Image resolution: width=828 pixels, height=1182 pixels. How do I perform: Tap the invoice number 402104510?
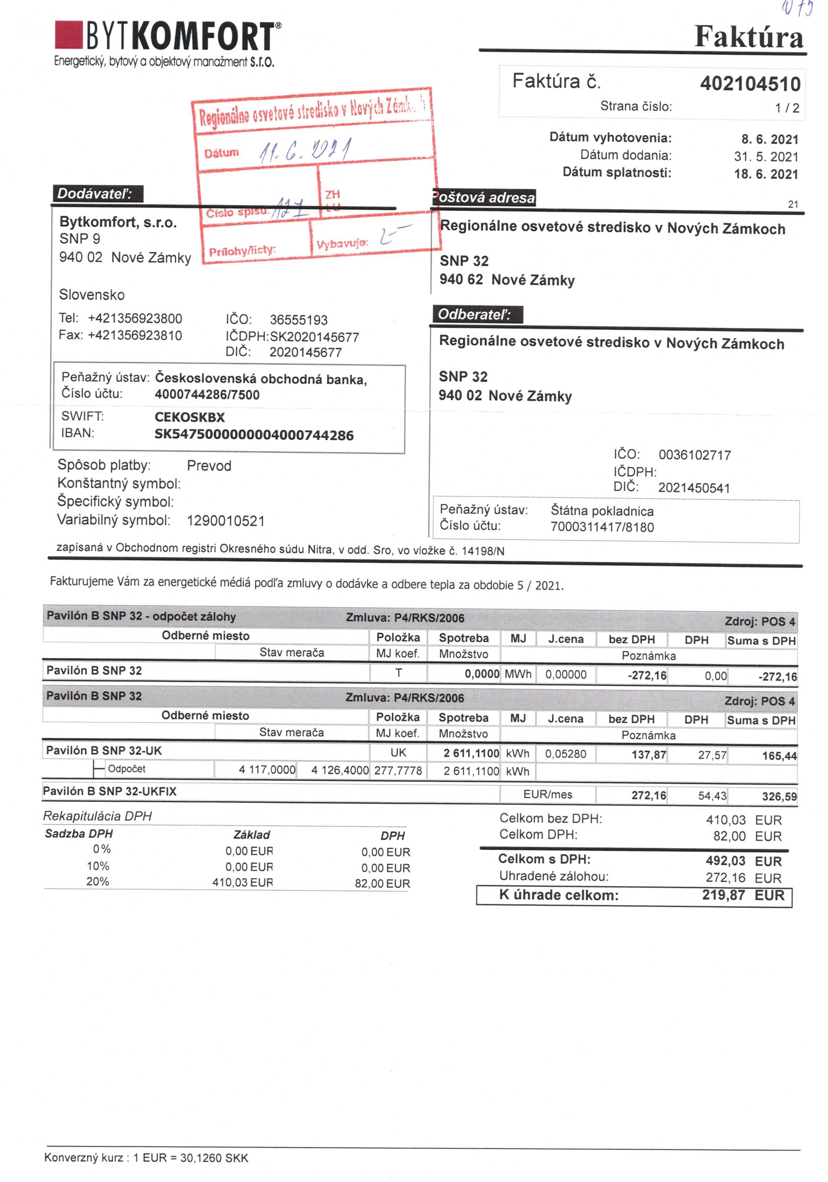coord(749,84)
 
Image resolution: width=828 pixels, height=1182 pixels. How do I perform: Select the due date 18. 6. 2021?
coord(766,174)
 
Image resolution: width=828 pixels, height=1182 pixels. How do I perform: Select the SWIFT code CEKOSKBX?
coord(189,417)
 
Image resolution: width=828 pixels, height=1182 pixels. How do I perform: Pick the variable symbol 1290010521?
coord(225,521)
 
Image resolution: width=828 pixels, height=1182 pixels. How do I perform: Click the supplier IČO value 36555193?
coord(298,320)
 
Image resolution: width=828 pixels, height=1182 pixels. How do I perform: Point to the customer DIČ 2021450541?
coord(694,488)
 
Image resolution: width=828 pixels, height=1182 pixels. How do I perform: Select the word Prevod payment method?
coord(209,466)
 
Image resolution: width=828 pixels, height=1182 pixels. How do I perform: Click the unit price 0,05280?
coord(565,754)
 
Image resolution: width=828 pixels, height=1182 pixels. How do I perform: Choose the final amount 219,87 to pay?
coord(723,895)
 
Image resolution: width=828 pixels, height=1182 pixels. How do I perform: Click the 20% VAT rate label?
coord(98,881)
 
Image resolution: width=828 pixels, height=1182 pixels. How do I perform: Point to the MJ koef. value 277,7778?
coord(398,771)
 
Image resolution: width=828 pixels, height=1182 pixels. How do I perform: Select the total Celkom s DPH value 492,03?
coord(725,861)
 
